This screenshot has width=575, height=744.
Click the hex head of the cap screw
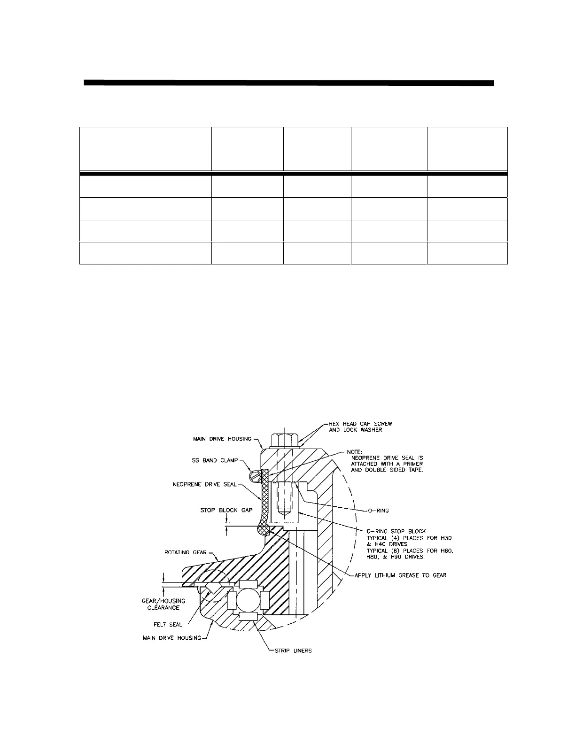285,441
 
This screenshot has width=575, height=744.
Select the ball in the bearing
247,600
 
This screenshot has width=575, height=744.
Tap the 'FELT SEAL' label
168,625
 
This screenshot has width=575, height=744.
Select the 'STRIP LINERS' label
293,651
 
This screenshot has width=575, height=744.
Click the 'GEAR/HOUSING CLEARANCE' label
163,604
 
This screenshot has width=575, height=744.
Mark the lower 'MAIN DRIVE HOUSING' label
172,638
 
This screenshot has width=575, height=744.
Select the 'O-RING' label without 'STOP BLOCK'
379,511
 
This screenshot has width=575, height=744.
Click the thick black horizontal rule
289,83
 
